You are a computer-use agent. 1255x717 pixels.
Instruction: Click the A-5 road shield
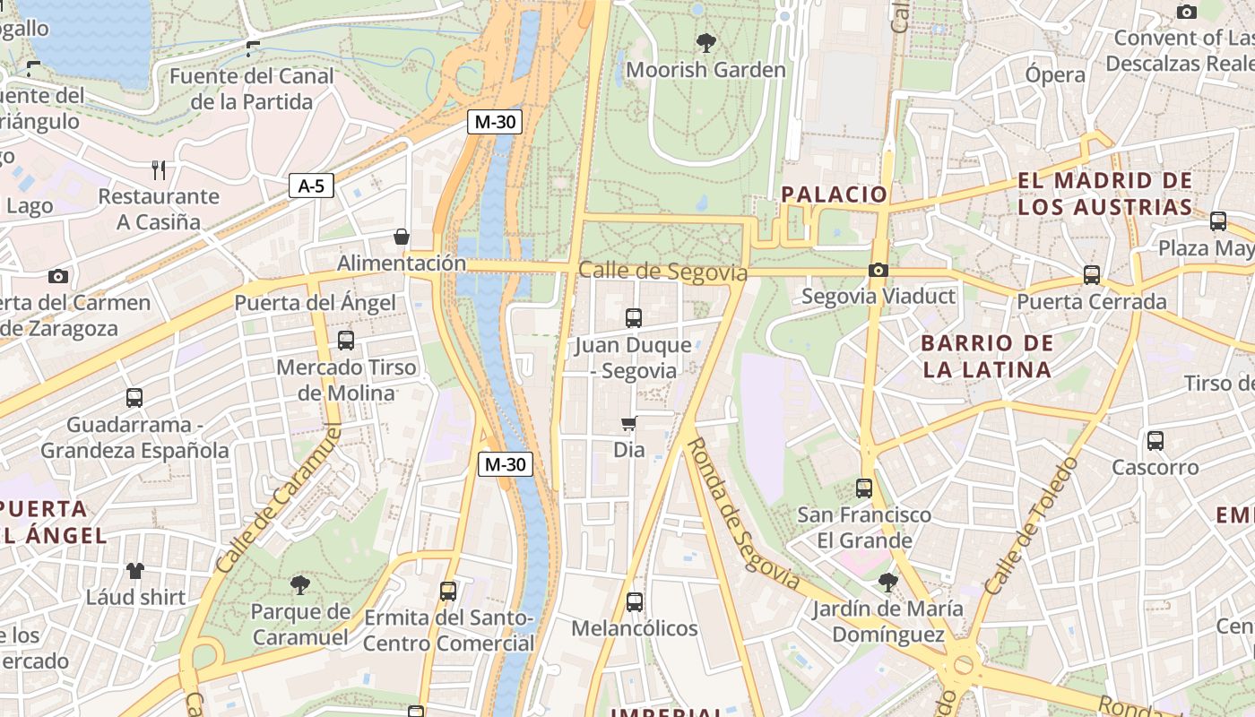pyautogui.click(x=311, y=186)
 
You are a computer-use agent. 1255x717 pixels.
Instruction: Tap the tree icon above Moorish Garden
pyautogui.click(x=706, y=42)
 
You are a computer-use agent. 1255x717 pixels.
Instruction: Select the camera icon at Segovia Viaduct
pyautogui.click(x=878, y=270)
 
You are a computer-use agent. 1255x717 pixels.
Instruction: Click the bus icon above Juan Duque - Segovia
pyautogui.click(x=634, y=317)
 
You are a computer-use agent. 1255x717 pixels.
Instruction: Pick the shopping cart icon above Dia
pyautogui.click(x=629, y=423)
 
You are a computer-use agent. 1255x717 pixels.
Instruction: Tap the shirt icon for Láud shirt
pyautogui.click(x=135, y=570)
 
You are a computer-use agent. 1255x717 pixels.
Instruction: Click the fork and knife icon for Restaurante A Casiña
pyautogui.click(x=159, y=169)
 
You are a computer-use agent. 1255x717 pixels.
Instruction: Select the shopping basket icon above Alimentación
pyautogui.click(x=402, y=237)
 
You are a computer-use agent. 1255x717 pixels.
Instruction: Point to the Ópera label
pyautogui.click(x=1055, y=74)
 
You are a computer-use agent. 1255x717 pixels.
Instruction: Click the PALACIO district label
pyautogui.click(x=834, y=194)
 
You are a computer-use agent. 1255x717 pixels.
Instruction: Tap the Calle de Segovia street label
pyautogui.click(x=662, y=272)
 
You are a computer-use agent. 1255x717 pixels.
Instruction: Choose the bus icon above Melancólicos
pyautogui.click(x=635, y=601)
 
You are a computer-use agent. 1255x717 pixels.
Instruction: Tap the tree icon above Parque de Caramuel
pyautogui.click(x=300, y=585)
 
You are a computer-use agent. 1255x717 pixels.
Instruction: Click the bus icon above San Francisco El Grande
pyautogui.click(x=864, y=488)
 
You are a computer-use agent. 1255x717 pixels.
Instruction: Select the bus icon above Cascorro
pyautogui.click(x=1155, y=441)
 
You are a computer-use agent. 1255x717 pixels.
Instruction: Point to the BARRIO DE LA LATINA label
pyautogui.click(x=986, y=356)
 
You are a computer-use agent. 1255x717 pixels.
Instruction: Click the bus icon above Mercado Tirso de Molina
pyautogui.click(x=346, y=341)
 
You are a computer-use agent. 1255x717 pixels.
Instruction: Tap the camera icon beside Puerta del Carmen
pyautogui.click(x=58, y=276)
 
